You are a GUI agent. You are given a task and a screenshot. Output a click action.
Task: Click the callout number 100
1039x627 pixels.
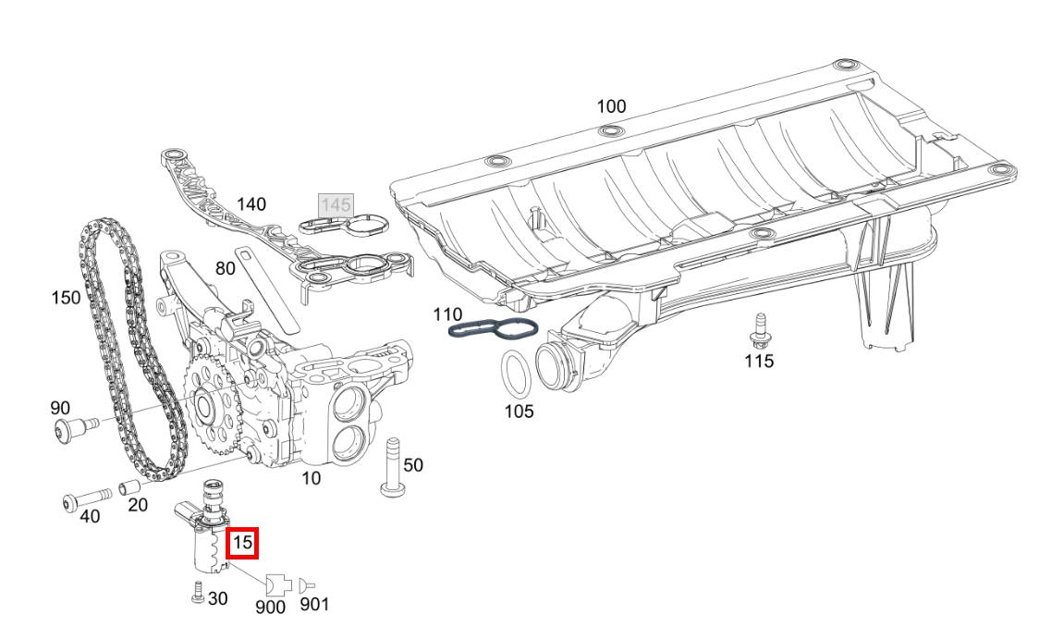coord(611,106)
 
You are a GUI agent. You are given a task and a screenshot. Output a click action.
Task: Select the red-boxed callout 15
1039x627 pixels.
coord(242,544)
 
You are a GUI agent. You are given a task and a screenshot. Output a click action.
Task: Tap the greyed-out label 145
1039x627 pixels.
coord(335,204)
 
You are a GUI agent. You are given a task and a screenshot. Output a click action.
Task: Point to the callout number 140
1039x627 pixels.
coord(251,203)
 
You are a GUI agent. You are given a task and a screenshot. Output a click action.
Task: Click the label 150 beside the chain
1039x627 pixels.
coord(66,298)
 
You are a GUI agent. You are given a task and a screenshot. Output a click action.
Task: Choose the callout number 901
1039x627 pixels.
coord(313,605)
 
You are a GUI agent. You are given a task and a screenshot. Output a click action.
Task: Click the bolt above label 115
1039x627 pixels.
coord(760,328)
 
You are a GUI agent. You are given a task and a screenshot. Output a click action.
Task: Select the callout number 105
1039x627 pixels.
coord(519,412)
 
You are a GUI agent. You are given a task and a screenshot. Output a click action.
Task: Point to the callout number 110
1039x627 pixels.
coord(448,314)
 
